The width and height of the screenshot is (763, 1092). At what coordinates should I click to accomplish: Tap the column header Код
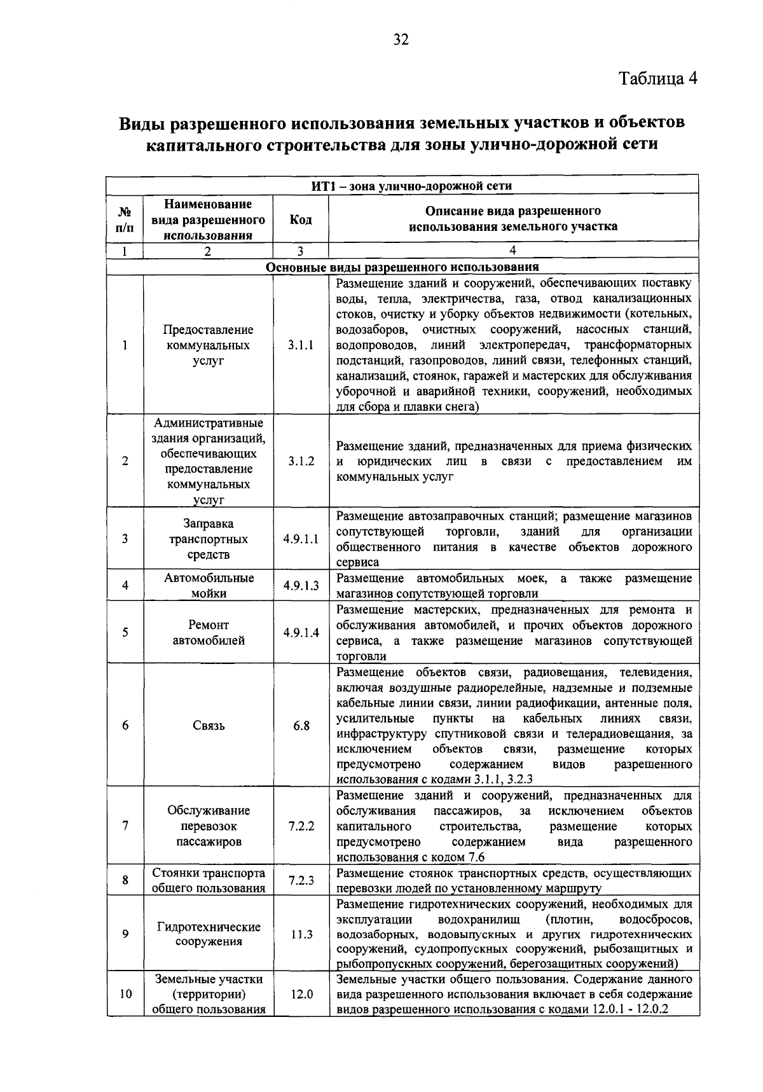coord(301,220)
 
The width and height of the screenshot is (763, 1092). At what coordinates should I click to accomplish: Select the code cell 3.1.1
coord(301,345)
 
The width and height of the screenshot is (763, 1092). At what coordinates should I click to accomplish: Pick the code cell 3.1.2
coord(301,461)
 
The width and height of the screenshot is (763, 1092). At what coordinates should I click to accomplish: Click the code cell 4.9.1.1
coord(301,539)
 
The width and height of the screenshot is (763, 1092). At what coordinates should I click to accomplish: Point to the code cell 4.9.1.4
coord(301,633)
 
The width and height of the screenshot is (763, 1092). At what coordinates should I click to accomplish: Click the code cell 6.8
coord(301,726)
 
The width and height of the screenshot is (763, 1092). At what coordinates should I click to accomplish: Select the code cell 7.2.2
coord(301,826)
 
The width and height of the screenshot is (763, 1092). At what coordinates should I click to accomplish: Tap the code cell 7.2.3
coord(301,881)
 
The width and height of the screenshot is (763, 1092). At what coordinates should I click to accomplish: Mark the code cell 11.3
coord(301,934)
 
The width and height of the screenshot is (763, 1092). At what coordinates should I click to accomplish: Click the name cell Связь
coord(209,726)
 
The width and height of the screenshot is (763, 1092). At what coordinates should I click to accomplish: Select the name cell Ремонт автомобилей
coord(209,633)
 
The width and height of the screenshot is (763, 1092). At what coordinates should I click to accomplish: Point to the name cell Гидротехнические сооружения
coord(209,934)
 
